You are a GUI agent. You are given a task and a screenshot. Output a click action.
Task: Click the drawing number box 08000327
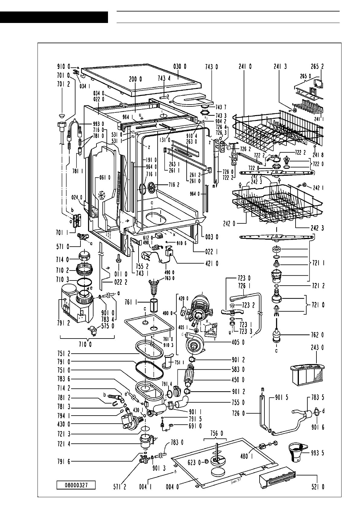point(76,485)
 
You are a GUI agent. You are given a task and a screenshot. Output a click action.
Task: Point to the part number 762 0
point(318,335)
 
